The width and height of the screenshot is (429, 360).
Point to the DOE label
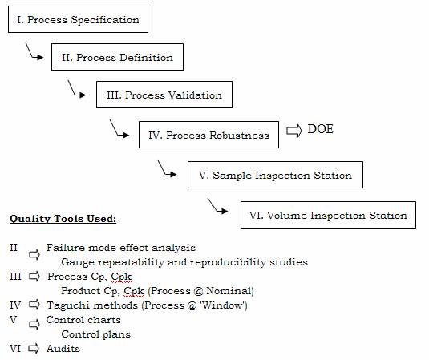pos(321,129)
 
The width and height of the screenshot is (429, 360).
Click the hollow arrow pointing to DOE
pos(293,131)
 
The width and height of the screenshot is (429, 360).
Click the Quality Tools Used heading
pos(63,219)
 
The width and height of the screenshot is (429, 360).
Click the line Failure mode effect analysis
pos(121,248)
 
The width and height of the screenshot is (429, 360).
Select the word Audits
pos(63,349)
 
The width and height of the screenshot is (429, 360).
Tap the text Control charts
pos(83,320)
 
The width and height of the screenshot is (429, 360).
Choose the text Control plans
pos(95,334)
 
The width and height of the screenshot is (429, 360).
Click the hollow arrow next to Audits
pos(34,349)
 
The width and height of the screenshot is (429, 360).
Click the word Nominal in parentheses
pos(230,291)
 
